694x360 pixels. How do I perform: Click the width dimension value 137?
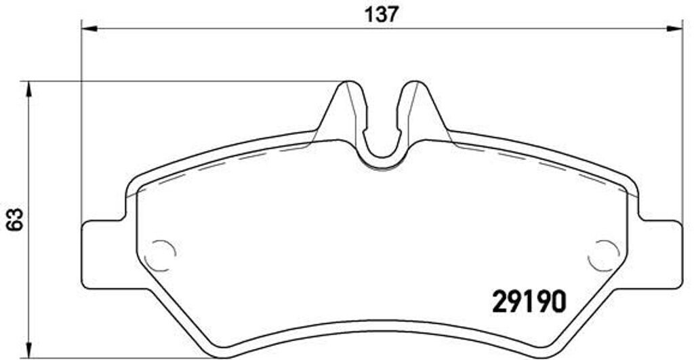click(382, 14)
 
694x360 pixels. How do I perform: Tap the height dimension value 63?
click(14, 218)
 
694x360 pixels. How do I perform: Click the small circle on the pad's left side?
click(163, 255)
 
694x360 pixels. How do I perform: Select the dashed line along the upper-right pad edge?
click(542, 163)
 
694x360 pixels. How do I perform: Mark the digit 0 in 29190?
click(555, 301)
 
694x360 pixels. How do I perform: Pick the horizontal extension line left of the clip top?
click(183, 81)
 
